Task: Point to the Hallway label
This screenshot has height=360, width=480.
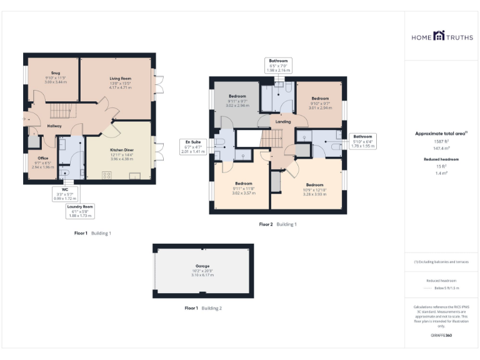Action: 54,126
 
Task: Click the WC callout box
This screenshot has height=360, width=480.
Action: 64,194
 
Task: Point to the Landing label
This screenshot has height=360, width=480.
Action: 282,121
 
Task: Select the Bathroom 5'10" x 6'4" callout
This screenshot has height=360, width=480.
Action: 362,141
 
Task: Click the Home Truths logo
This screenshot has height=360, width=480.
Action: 442,37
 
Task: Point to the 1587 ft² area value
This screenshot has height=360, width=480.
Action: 441,142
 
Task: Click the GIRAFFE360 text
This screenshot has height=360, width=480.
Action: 441,336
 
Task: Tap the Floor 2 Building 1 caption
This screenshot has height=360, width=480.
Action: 278,224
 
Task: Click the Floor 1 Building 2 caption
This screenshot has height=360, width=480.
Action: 203,308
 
